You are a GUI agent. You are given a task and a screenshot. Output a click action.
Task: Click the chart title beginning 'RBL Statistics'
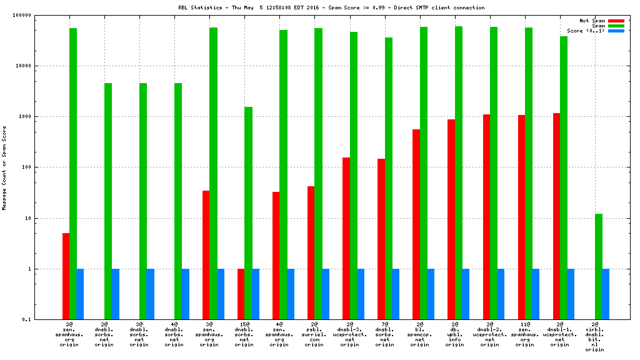[x=331, y=7]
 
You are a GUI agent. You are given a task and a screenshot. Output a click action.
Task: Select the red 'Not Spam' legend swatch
[x=616, y=21]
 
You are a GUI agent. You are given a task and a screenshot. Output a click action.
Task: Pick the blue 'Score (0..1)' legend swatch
[x=616, y=31]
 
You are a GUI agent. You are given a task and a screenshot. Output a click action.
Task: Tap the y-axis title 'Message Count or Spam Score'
[x=4, y=167]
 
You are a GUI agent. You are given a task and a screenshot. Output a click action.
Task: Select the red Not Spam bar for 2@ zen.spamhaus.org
[x=66, y=276]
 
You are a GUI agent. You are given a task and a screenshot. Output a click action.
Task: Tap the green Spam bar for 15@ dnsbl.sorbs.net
[x=248, y=213]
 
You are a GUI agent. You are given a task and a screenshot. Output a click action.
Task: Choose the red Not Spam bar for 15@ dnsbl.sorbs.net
[x=241, y=294]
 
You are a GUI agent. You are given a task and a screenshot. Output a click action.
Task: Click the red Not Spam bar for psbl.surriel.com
[x=311, y=252]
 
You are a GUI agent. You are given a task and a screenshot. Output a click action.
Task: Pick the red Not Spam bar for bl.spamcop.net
[x=416, y=224]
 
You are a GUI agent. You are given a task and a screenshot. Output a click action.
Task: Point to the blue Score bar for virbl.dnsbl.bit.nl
[x=606, y=294]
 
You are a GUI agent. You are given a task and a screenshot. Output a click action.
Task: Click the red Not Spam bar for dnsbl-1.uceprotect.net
[x=556, y=216]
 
